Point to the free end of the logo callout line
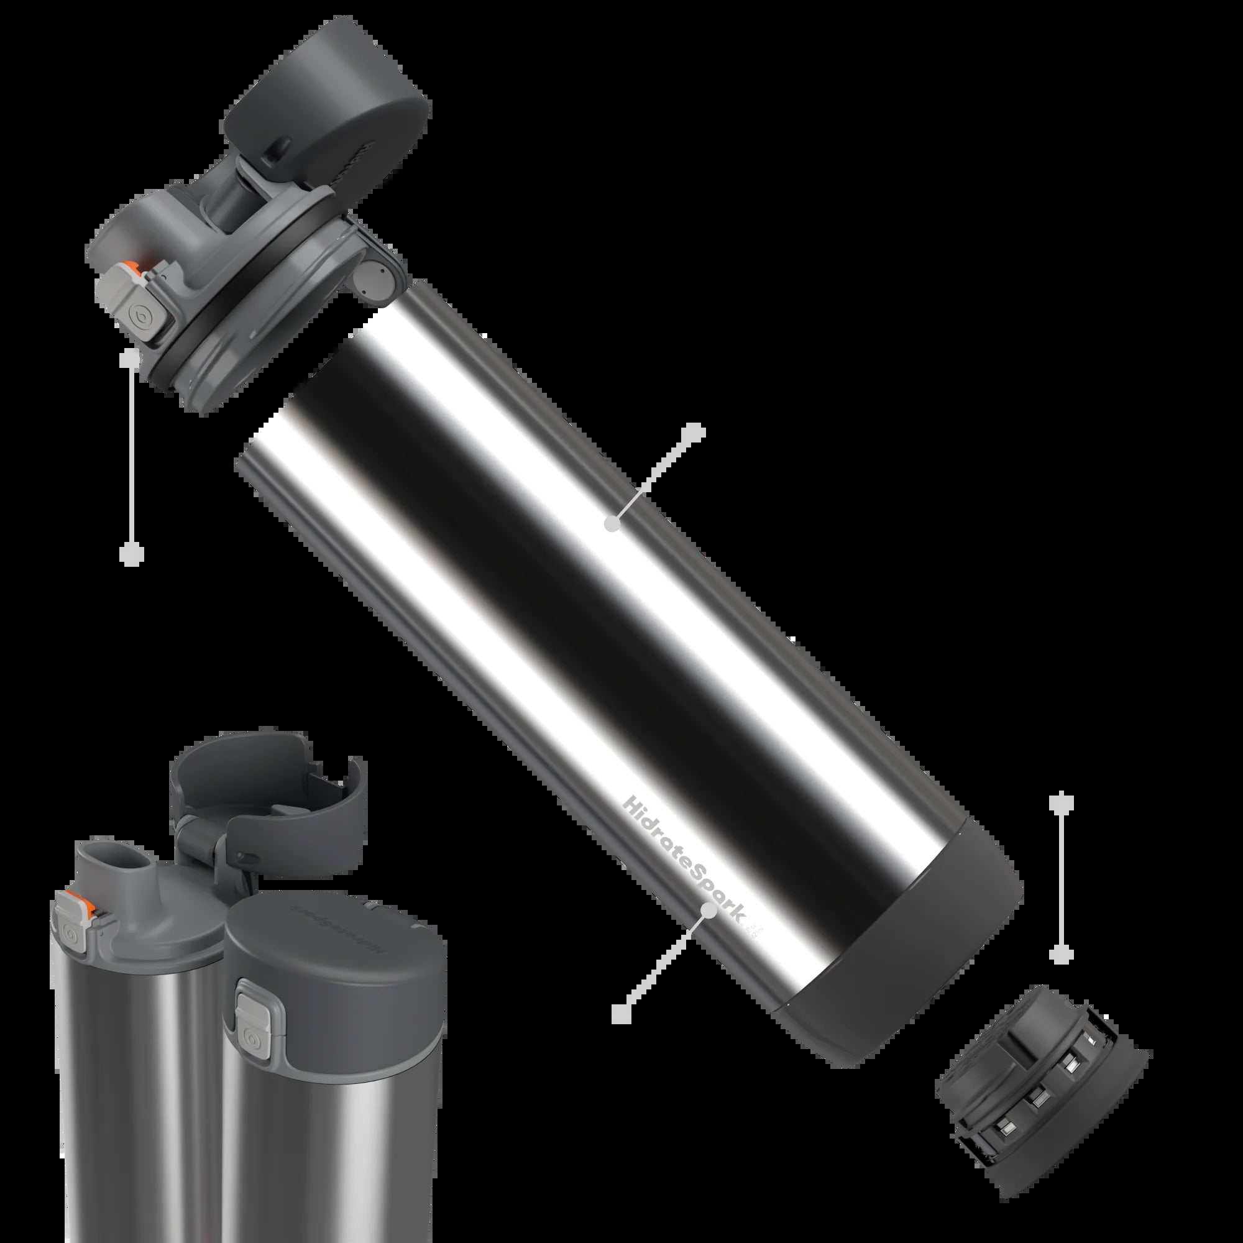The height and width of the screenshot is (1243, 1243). pyautogui.click(x=621, y=1032)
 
